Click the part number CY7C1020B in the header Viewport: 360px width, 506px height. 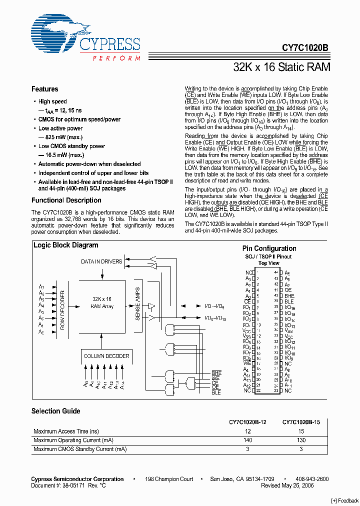click(x=305, y=48)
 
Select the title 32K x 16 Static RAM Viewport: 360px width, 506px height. click(x=282, y=67)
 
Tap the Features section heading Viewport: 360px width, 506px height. click(x=44, y=89)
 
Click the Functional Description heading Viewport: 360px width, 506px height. click(x=66, y=200)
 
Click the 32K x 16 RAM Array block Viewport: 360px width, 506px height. click(x=101, y=302)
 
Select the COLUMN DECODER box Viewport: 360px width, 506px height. click(x=106, y=356)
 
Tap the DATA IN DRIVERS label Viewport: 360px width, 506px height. click(x=101, y=261)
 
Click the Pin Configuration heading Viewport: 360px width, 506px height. click(x=269, y=248)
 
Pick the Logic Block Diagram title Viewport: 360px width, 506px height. click(x=65, y=245)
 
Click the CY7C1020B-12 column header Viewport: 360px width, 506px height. click(x=247, y=422)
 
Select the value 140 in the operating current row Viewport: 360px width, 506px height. click(x=247, y=440)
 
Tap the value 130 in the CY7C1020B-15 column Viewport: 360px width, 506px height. click(x=300, y=440)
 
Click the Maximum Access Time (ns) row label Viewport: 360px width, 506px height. click(x=66, y=431)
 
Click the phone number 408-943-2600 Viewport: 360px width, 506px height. click(x=310, y=479)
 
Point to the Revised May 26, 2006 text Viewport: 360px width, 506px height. click(x=287, y=485)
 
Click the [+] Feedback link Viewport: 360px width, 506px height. click(x=345, y=501)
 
